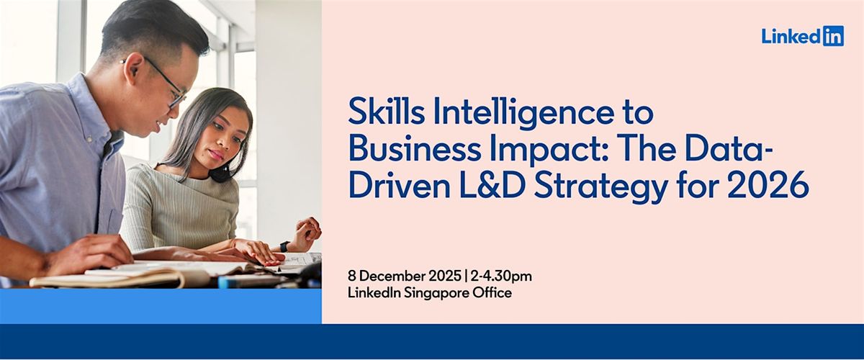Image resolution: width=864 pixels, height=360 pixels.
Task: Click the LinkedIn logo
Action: click(x=802, y=36)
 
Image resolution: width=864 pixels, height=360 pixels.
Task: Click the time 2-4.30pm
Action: click(x=501, y=276)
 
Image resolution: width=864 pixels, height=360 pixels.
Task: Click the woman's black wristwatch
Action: click(x=285, y=246)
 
